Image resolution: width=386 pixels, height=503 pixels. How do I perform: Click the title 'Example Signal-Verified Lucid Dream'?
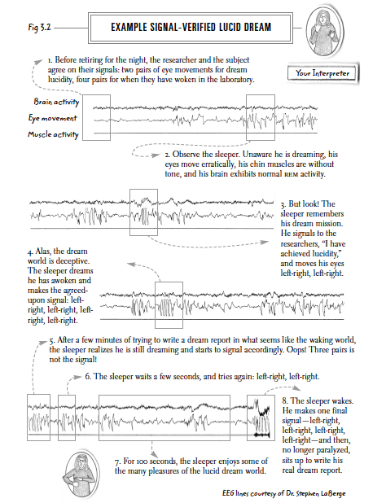[x=191, y=27]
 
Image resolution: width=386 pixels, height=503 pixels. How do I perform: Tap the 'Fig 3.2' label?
[x=39, y=27]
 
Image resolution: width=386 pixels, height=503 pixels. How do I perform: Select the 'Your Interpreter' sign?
[x=322, y=73]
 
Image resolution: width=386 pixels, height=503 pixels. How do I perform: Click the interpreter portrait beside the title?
[x=325, y=32]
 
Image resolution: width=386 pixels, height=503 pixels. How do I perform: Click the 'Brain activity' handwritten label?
[x=56, y=102]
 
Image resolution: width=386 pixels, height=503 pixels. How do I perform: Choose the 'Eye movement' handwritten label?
[x=53, y=118]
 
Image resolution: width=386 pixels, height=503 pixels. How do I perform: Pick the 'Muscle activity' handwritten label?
[x=53, y=134]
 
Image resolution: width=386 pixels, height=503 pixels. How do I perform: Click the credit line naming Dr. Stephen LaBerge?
[x=283, y=493]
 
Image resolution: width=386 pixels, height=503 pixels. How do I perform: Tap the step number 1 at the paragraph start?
[x=50, y=60]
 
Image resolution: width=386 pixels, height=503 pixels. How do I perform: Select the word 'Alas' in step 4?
[x=42, y=251]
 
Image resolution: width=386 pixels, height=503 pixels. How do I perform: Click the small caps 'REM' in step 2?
[x=292, y=175]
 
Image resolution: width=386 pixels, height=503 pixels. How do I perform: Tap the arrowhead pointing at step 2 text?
[x=156, y=155]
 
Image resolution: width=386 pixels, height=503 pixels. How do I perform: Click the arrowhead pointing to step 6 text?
[x=78, y=377]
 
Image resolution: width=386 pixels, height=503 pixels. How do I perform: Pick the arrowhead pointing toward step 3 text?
[x=265, y=243]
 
